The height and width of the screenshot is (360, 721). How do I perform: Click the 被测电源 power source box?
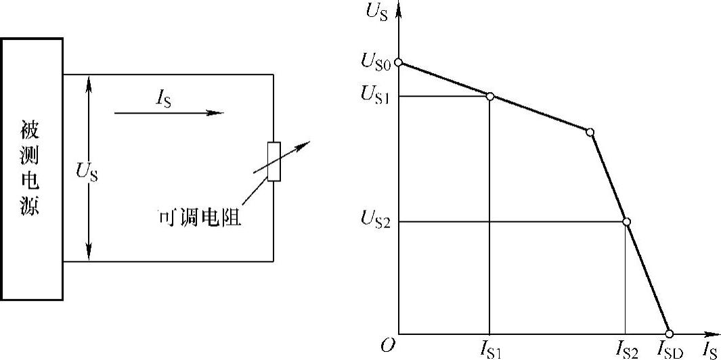pos(32,168)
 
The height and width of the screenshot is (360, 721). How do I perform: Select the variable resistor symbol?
pos(274,162)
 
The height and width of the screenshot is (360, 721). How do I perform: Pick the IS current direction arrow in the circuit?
pos(169,113)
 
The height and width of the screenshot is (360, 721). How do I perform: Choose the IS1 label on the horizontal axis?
pos(489,349)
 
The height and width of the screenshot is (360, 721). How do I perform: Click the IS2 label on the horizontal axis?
pos(626,349)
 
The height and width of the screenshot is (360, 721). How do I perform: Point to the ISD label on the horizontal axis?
pos(670,349)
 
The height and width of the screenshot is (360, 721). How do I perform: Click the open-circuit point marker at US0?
pos(399,63)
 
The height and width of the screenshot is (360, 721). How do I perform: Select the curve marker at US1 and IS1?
pos(490,96)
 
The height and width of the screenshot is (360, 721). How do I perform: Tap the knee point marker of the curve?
pos(590,132)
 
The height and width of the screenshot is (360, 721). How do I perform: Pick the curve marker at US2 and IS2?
pos(626,222)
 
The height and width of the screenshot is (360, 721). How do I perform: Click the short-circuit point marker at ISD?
pos(670,334)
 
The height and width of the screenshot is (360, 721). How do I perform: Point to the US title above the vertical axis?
pos(376,12)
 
